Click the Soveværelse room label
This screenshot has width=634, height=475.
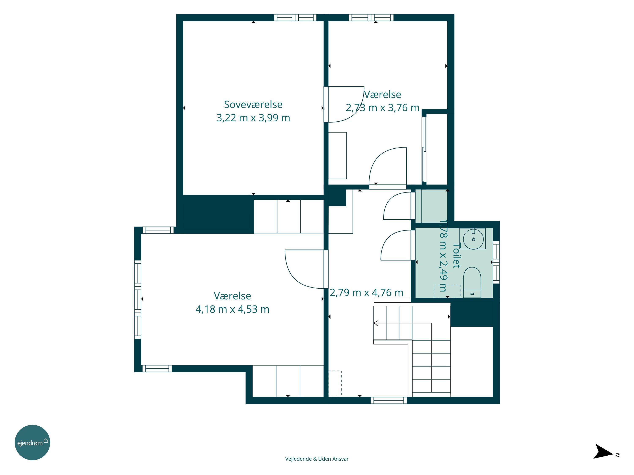(253, 104)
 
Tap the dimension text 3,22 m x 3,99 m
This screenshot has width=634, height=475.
(253, 118)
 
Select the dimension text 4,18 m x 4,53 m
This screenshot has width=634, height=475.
(232, 309)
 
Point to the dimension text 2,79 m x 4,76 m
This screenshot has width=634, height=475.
(366, 292)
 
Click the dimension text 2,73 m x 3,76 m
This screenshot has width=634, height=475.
(382, 108)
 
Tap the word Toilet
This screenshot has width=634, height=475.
(456, 256)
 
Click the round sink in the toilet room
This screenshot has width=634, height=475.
(473, 239)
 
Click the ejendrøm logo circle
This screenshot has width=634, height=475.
(32, 442)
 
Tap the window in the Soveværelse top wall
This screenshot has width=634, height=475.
(295, 18)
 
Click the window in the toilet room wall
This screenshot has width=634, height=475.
(496, 262)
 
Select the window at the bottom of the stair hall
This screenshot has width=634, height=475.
(389, 400)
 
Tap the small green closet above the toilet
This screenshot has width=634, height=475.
(431, 206)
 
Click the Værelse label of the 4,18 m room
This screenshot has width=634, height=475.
(232, 296)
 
